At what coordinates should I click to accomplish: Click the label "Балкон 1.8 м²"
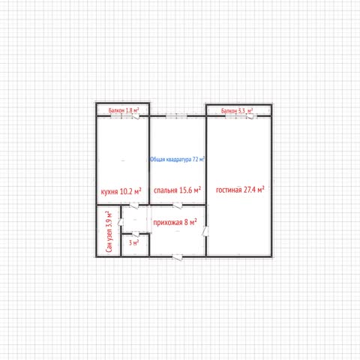124,110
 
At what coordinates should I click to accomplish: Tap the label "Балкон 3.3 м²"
237,110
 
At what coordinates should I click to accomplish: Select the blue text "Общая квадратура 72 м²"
177,159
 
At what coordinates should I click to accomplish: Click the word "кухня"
109,192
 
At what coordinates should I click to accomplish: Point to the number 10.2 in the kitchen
126,191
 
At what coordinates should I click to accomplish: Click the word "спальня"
166,190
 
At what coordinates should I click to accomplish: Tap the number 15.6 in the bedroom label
186,190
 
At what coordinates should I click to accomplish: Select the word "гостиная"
229,190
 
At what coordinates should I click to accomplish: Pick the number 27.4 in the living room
250,190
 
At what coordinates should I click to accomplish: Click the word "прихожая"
168,222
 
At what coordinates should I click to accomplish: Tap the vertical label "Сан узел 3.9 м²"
109,232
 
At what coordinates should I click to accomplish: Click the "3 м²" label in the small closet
133,242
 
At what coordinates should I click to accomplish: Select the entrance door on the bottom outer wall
178,257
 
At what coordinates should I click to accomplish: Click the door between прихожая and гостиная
205,231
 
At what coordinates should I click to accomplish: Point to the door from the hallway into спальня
178,205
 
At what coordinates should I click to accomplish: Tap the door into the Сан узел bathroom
121,221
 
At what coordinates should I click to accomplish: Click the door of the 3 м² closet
136,234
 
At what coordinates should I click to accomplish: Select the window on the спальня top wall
176,116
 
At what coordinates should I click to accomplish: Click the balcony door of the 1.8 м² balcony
136,116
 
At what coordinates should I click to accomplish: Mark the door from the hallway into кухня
133,205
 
